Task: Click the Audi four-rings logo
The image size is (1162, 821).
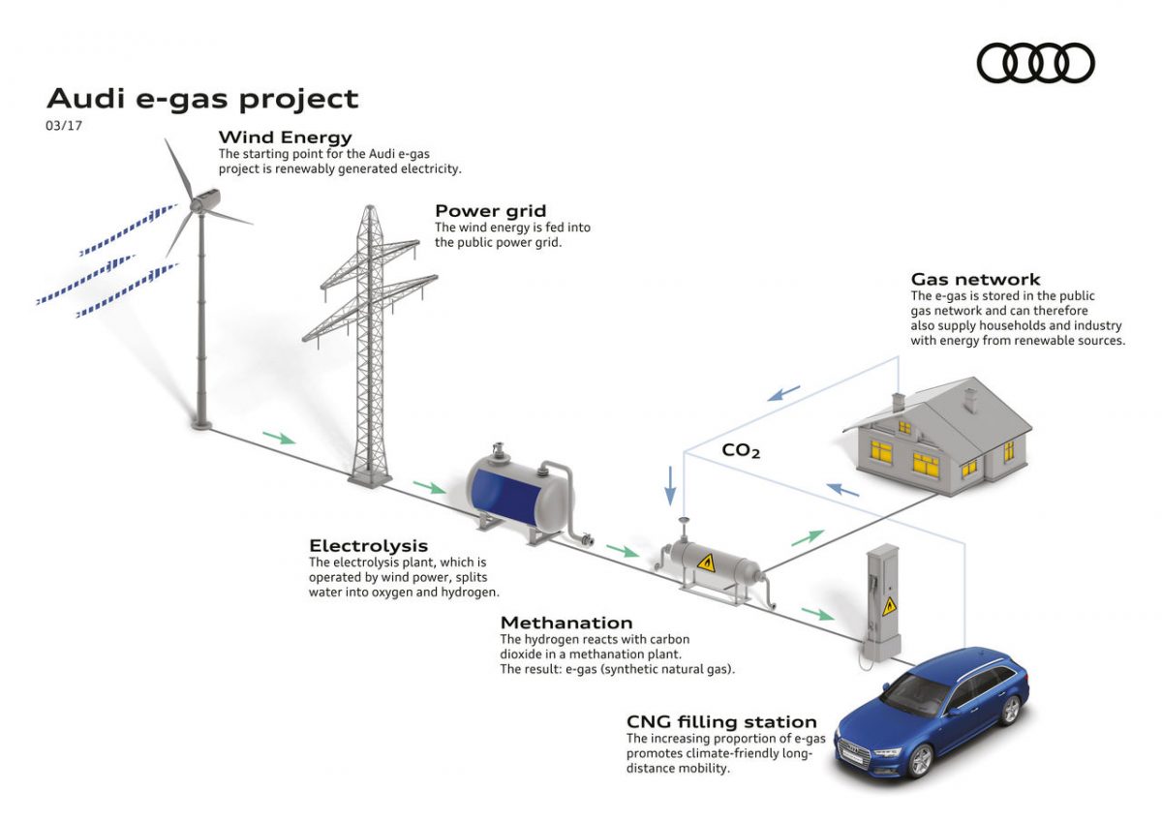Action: click(x=1035, y=64)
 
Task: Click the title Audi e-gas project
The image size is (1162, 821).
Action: click(x=202, y=99)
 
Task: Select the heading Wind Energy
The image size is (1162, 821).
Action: click(x=285, y=137)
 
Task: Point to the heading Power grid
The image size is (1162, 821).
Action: click(x=490, y=211)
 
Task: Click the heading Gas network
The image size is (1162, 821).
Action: click(x=975, y=280)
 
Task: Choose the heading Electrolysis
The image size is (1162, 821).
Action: click(x=368, y=546)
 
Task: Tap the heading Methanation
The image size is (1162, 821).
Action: click(x=566, y=623)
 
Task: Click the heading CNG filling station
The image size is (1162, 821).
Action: click(x=721, y=722)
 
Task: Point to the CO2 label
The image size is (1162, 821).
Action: click(x=741, y=450)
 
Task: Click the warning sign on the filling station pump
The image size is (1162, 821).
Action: click(x=889, y=607)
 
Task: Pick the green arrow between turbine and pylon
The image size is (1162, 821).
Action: click(x=279, y=438)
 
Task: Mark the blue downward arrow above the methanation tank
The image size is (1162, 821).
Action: click(x=669, y=484)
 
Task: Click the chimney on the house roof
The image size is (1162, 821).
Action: click(x=968, y=397)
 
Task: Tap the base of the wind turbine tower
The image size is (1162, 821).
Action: click(x=201, y=423)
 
